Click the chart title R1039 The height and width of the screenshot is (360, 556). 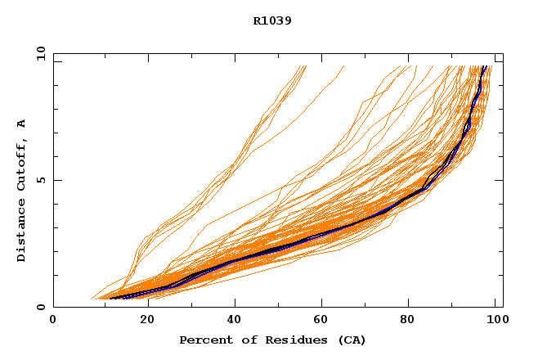click(x=272, y=21)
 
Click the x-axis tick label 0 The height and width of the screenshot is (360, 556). click(x=53, y=320)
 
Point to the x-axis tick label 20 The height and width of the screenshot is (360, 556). click(x=147, y=320)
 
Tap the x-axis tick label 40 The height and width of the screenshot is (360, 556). click(x=236, y=320)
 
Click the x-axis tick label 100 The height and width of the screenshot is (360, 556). click(x=493, y=320)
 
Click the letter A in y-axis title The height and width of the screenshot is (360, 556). click(x=22, y=124)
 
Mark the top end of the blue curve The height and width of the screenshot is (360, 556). click(x=485, y=66)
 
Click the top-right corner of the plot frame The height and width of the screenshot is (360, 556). click(x=503, y=54)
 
